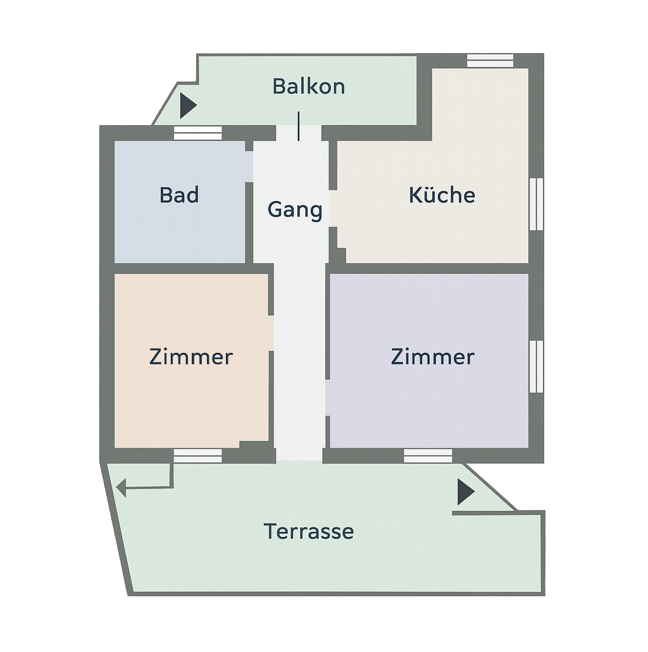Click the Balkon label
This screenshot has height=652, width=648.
click(309, 87)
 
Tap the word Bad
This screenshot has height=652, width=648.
click(179, 195)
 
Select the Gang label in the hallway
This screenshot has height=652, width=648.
click(295, 209)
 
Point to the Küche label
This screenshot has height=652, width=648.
click(442, 194)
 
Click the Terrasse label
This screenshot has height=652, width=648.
click(308, 531)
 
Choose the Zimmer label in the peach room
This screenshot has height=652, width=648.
click(191, 357)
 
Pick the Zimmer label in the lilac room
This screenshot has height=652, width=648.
click(433, 357)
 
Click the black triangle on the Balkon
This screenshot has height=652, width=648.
click(188, 106)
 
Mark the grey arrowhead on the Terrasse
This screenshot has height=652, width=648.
click(121, 488)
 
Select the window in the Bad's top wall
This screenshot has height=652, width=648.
click(197, 133)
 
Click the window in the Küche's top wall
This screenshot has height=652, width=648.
click(490, 61)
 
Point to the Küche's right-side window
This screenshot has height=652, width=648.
click(536, 204)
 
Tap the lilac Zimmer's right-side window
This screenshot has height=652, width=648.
click(536, 366)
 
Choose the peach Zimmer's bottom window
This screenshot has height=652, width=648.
click(197, 456)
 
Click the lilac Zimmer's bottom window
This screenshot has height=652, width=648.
click(428, 456)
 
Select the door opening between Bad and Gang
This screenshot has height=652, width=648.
click(249, 166)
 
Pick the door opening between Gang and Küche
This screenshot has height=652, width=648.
click(333, 208)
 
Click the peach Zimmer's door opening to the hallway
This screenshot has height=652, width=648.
click(271, 333)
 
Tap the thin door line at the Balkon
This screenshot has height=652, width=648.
click(299, 126)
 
